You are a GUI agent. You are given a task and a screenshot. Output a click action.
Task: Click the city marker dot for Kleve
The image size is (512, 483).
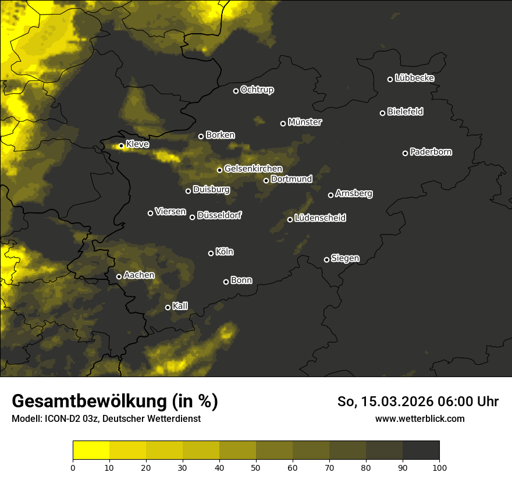pyautogui.click(x=121, y=146)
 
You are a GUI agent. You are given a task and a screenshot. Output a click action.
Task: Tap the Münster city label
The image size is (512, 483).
pyautogui.click(x=305, y=122)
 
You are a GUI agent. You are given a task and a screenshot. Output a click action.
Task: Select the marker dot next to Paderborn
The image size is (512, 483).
pyautogui.click(x=406, y=153)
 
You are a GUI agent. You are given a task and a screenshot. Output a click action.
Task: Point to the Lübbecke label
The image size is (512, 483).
pyautogui.click(x=414, y=78)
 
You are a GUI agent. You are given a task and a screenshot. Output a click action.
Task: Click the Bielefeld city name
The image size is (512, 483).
pyautogui.click(x=405, y=112)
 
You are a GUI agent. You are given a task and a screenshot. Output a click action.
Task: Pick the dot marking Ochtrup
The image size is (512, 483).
pyautogui.click(x=236, y=91)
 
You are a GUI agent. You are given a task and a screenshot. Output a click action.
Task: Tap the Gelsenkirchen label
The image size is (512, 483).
pyautogui.click(x=253, y=169)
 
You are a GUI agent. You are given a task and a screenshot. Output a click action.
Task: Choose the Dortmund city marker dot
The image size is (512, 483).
pyautogui.click(x=266, y=180)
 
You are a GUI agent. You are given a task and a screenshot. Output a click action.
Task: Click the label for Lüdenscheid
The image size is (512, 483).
pyautogui.click(x=320, y=218)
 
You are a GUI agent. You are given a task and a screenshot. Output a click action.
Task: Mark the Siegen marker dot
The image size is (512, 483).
pyautogui.click(x=326, y=260)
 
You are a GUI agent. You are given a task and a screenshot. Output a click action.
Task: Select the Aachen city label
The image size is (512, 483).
pyautogui.click(x=139, y=275)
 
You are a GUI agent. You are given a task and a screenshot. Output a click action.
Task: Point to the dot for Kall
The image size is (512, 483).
pyautogui.click(x=168, y=307)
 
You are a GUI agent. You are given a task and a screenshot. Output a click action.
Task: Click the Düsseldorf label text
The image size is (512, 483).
pyautogui.click(x=219, y=215)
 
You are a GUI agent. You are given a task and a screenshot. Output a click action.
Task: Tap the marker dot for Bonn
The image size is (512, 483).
pyautogui.click(x=226, y=282)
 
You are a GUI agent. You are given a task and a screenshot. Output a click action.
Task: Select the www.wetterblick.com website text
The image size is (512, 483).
pyautogui.click(x=420, y=419)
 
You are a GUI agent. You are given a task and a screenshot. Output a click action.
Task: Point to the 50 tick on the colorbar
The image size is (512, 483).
pyautogui.click(x=256, y=467)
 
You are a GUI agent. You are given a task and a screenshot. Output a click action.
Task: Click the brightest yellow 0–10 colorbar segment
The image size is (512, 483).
pyautogui.click(x=91, y=450)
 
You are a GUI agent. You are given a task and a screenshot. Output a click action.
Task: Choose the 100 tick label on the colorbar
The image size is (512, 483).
pyautogui.click(x=439, y=467)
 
